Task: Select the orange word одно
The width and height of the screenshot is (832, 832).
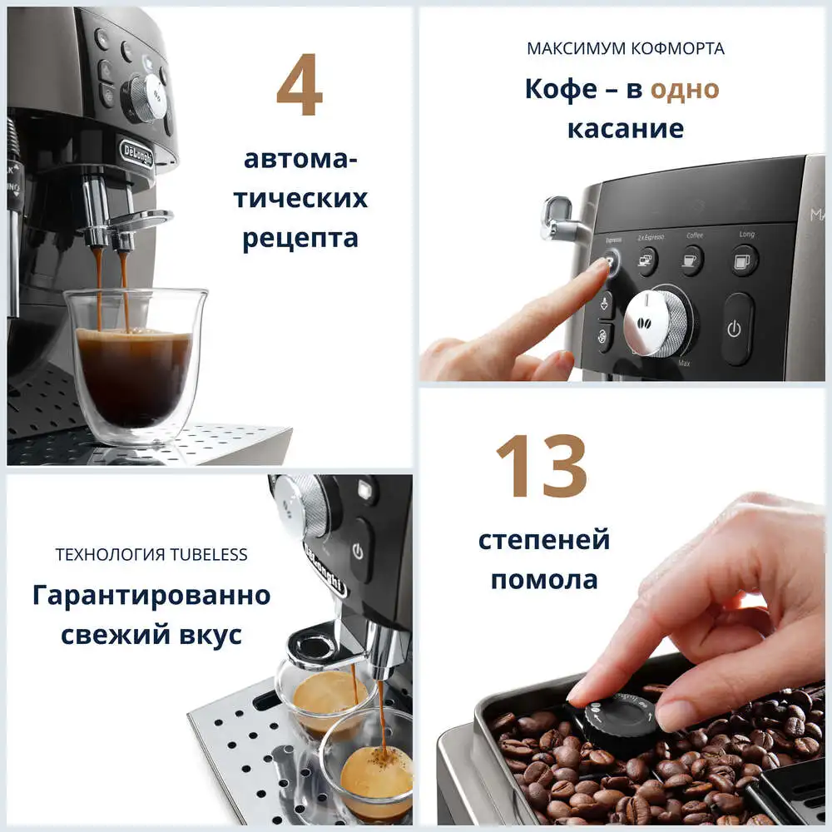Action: click(x=684, y=89)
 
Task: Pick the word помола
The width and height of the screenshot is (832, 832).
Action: click(x=543, y=579)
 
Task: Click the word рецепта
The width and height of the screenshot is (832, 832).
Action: click(x=300, y=238)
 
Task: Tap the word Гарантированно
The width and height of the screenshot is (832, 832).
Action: click(x=151, y=596)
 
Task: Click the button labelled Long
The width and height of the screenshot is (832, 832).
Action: click(x=745, y=261)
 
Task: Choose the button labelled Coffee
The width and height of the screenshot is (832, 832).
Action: click(x=691, y=261)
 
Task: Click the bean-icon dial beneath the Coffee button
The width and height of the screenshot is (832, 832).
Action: click(x=656, y=323)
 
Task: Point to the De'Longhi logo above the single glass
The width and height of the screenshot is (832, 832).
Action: click(x=136, y=152)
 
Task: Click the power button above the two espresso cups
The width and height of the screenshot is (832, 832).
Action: click(x=358, y=552)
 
